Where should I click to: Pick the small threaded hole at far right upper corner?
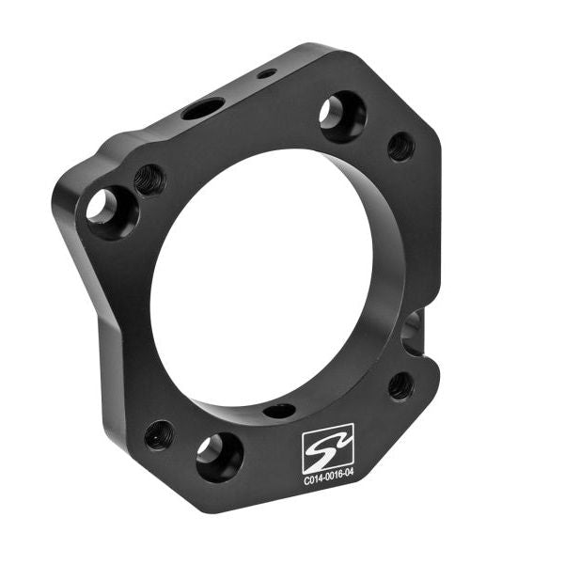400,146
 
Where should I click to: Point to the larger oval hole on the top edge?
203,109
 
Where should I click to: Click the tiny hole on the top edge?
267,73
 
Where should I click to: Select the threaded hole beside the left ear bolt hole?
149,179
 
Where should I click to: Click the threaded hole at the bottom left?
159,434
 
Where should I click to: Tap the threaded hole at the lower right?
400,385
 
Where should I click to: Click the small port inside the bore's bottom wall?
279,411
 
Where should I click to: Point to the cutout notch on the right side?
415,330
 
